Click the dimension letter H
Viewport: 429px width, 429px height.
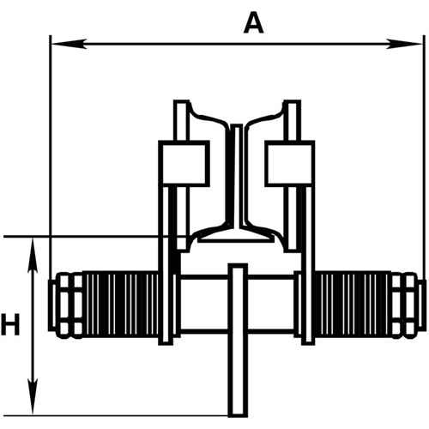pyautogui.click(x=10, y=325)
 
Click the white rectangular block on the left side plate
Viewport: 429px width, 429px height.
pyautogui.click(x=184, y=162)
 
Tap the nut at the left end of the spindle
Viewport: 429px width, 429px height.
pyautogui.click(x=66, y=304)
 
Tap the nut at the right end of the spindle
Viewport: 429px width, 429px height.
pyautogui.click(x=408, y=304)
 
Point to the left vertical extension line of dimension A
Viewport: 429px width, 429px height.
pyautogui.click(x=51, y=154)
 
